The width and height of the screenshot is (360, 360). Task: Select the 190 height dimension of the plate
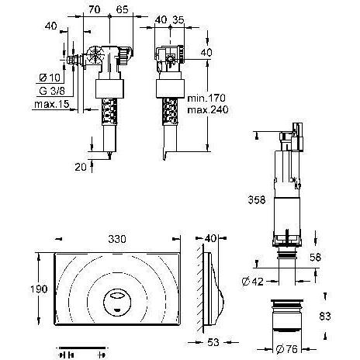pyautogui.click(x=27, y=289)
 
